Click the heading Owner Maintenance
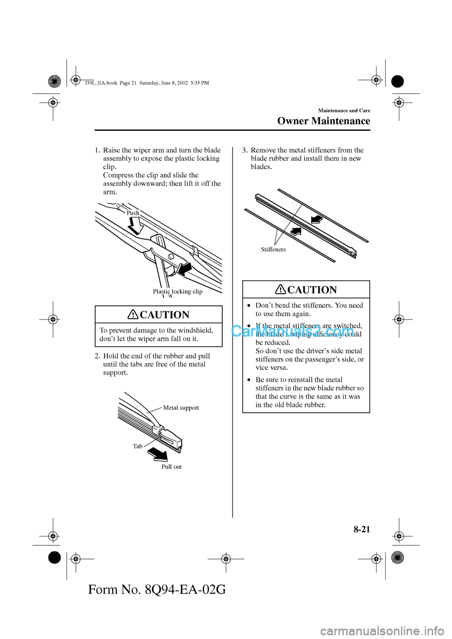click(323, 121)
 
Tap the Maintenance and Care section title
click(344, 111)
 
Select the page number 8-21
click(362, 529)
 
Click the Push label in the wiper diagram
click(133, 213)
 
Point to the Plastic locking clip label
click(178, 292)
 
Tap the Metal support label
click(181, 408)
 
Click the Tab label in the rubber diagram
click(137, 447)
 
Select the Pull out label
click(171, 467)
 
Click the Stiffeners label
click(273, 249)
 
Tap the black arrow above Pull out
click(158, 454)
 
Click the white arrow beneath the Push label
click(136, 226)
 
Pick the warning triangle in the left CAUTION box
click(133, 314)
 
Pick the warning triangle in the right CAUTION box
click(281, 289)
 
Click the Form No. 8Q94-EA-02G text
click(157, 589)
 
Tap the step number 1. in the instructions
click(97, 151)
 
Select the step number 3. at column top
click(245, 151)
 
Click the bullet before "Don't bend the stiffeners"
click(249, 306)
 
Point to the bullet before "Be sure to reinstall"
click(249, 380)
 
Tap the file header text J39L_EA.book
click(101, 83)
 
